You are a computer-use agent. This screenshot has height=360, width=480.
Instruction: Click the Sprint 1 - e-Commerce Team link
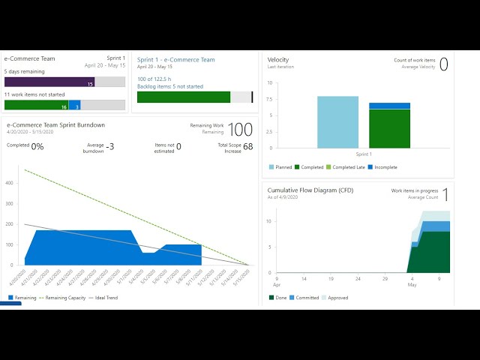click(x=176, y=60)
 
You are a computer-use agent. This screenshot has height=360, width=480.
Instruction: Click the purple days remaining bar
click(x=49, y=82)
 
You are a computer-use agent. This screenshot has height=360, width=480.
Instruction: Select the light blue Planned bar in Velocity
click(x=337, y=122)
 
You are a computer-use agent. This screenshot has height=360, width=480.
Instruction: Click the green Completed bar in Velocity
click(x=389, y=129)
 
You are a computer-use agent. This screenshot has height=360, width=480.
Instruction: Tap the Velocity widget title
click(x=278, y=60)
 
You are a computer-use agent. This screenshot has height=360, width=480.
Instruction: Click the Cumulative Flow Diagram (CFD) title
click(x=310, y=190)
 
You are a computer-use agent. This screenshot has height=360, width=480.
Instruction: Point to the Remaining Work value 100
click(x=241, y=130)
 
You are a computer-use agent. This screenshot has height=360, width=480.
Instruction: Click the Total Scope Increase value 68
click(x=247, y=147)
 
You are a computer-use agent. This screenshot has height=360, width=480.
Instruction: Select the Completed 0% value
click(x=37, y=147)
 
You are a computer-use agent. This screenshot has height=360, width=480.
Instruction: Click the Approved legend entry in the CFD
click(x=336, y=298)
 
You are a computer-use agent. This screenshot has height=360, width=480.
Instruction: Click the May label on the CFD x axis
click(x=411, y=285)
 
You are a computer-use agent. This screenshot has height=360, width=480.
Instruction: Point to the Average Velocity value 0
click(x=443, y=64)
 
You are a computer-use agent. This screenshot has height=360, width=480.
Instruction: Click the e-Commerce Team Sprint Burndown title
click(x=55, y=125)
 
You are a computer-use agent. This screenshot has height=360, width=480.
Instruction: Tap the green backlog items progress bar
click(x=184, y=97)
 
